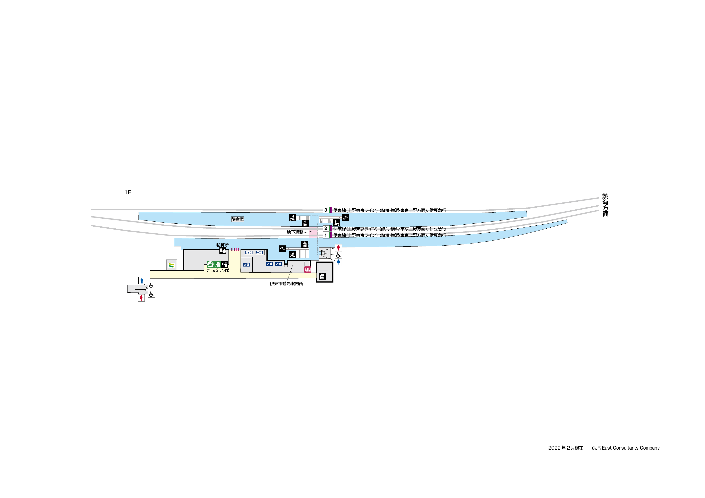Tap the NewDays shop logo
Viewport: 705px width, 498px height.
coord(171,265)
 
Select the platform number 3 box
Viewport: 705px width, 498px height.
coord(326,210)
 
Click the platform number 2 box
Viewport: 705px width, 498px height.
coord(326,229)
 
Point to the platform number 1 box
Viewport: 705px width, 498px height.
coord(326,235)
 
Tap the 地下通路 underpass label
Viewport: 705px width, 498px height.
coord(295,232)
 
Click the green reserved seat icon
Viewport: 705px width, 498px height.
coord(210,264)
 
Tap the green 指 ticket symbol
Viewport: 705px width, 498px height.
coord(217,264)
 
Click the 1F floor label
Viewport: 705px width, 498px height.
coord(127,192)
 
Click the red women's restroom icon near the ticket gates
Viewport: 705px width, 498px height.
coord(338,247)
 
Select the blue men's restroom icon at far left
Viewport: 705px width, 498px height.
coord(142,280)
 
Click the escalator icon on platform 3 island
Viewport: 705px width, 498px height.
coord(345,218)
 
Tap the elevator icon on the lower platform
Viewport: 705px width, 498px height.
coord(305,244)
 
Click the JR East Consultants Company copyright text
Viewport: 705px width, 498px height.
coord(625,448)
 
